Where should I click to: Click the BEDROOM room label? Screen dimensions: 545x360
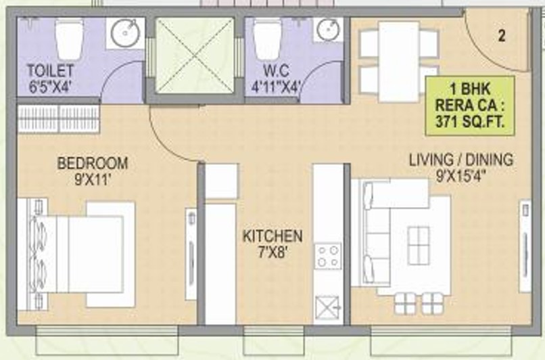93,164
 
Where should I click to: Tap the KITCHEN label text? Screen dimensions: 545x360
272,236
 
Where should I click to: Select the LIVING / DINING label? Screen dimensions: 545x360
461,160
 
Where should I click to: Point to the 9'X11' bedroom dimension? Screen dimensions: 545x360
93,180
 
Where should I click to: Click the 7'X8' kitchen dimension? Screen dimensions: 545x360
272,252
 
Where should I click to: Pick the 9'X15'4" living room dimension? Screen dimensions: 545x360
461,176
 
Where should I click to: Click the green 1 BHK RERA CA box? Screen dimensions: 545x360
470,106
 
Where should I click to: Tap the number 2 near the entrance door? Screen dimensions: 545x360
502,36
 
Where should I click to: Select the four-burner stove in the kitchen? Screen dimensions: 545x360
328,256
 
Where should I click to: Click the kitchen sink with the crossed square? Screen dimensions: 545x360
327,307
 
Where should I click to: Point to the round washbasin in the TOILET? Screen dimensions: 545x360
126,33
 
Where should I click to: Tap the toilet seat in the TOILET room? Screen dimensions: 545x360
69,39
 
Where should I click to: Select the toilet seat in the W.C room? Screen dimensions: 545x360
267,39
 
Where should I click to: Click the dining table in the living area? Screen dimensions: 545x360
399,62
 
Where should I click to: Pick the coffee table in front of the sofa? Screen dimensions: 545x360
419,245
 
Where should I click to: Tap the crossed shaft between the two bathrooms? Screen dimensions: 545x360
195,55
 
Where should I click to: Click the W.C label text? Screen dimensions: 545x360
276,70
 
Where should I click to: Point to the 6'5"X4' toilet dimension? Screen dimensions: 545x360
51,87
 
